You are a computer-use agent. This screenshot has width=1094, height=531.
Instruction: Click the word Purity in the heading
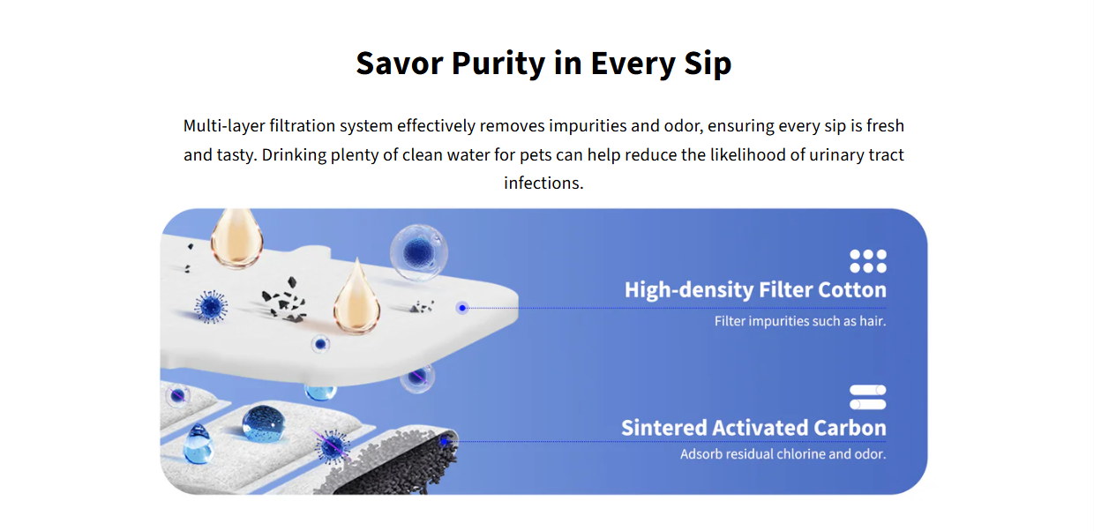coord(498,64)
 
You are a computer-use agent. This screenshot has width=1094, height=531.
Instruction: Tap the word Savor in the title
coord(399,63)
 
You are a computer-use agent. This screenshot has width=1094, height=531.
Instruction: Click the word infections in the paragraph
coord(543,183)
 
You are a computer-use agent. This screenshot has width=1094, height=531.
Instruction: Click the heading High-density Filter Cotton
coord(755,289)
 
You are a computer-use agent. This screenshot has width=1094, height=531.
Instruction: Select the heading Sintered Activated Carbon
coord(753,428)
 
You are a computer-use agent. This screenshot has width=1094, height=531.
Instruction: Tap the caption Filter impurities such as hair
coord(800,321)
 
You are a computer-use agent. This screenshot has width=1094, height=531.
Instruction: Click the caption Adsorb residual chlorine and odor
coord(783,453)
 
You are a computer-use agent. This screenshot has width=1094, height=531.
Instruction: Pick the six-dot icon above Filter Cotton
coord(868,261)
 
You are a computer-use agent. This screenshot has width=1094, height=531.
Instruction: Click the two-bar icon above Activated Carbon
coord(868,397)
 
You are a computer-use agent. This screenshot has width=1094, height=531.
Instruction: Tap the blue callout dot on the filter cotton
coord(462,308)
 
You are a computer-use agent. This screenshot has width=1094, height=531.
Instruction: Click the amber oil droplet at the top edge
coord(236,238)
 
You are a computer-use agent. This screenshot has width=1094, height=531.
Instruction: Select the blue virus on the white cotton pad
coord(211,306)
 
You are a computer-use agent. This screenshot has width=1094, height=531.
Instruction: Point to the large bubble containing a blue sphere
coord(418,252)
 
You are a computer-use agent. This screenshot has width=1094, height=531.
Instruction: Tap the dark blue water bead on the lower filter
coord(264,423)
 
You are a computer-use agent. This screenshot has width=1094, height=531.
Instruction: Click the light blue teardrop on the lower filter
coord(198,444)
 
